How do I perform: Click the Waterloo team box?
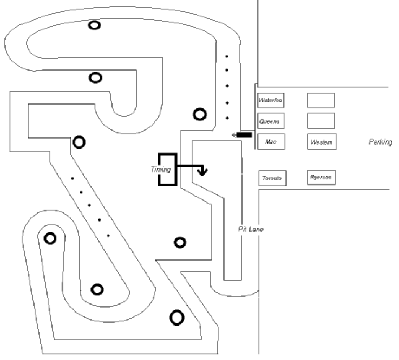[x=270, y=101]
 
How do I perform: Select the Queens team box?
[x=270, y=121]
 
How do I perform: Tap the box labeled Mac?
[x=271, y=142]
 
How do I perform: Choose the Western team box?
[x=321, y=142]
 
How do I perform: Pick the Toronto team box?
[x=272, y=178]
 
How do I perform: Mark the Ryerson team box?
[x=321, y=177]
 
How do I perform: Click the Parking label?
[x=380, y=142]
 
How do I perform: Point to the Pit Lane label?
[x=251, y=229]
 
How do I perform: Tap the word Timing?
[x=161, y=170]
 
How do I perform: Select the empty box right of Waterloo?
[x=321, y=101]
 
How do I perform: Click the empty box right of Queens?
[x=321, y=121]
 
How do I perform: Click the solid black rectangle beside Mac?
[x=244, y=135]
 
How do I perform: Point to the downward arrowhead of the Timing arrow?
[x=202, y=172]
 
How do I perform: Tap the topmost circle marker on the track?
[x=94, y=25]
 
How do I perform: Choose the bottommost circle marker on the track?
[x=177, y=318]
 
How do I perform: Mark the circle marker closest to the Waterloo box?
[x=199, y=114]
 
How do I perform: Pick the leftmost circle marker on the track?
[x=50, y=238]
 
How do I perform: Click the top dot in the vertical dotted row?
[x=226, y=56]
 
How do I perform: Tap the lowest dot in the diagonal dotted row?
[x=108, y=236]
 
